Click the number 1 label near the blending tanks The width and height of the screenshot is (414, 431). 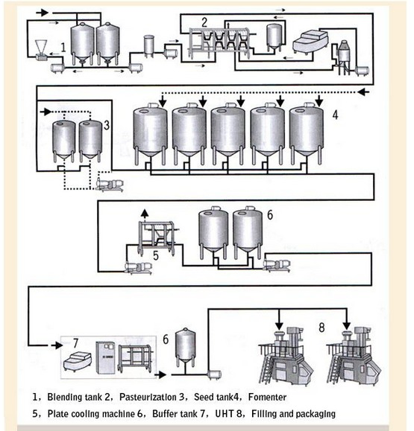[x=64, y=47]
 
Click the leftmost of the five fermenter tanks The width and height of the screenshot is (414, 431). [x=149, y=133]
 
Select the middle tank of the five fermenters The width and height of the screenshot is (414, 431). [x=228, y=133]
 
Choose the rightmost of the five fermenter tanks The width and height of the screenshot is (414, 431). [x=306, y=133]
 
